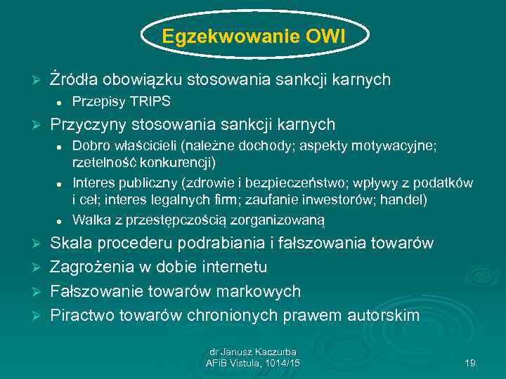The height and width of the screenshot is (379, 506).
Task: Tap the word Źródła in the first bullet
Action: click(x=72, y=79)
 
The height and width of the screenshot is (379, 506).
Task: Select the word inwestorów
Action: click(x=349, y=199)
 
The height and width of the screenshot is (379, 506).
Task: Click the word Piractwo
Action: click(x=81, y=315)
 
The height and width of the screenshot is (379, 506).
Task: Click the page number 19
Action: click(x=470, y=363)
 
